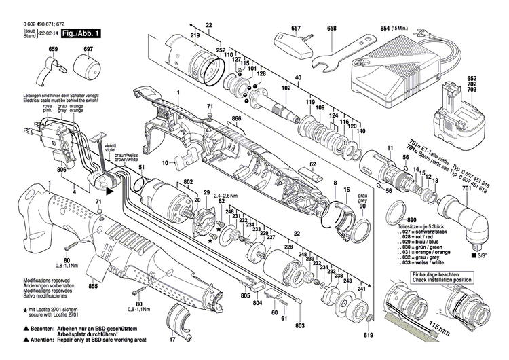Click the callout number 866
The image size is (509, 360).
(236, 118)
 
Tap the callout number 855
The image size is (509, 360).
(93, 287)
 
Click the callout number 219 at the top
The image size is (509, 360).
(195, 35)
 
